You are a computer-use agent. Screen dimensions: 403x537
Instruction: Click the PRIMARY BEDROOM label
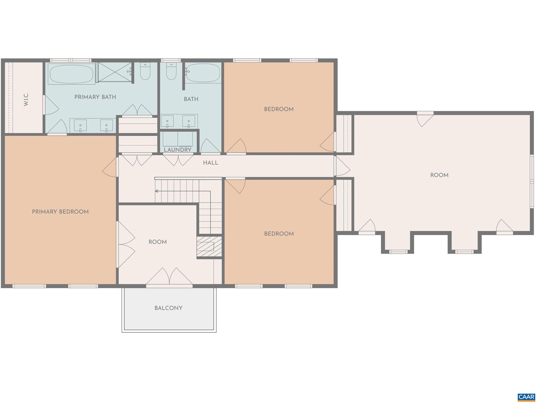coord(60,212)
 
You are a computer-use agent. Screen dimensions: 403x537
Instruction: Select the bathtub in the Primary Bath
coord(71,74)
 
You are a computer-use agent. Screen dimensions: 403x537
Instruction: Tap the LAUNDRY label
coord(178,150)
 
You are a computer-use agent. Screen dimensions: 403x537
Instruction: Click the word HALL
coord(211,163)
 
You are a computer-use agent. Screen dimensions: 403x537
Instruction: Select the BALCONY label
coord(168,308)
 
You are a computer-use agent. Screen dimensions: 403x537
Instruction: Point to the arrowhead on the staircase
coord(157,191)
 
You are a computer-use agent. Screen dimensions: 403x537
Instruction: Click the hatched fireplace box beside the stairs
coord(209,247)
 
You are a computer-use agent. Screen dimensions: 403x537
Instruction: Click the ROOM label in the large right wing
coord(439,175)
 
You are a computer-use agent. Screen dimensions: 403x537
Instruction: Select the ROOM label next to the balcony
coord(157,242)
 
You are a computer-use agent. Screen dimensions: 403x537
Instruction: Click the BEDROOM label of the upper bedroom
coord(279,109)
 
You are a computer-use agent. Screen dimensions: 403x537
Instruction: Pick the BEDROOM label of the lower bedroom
coord(279,234)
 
